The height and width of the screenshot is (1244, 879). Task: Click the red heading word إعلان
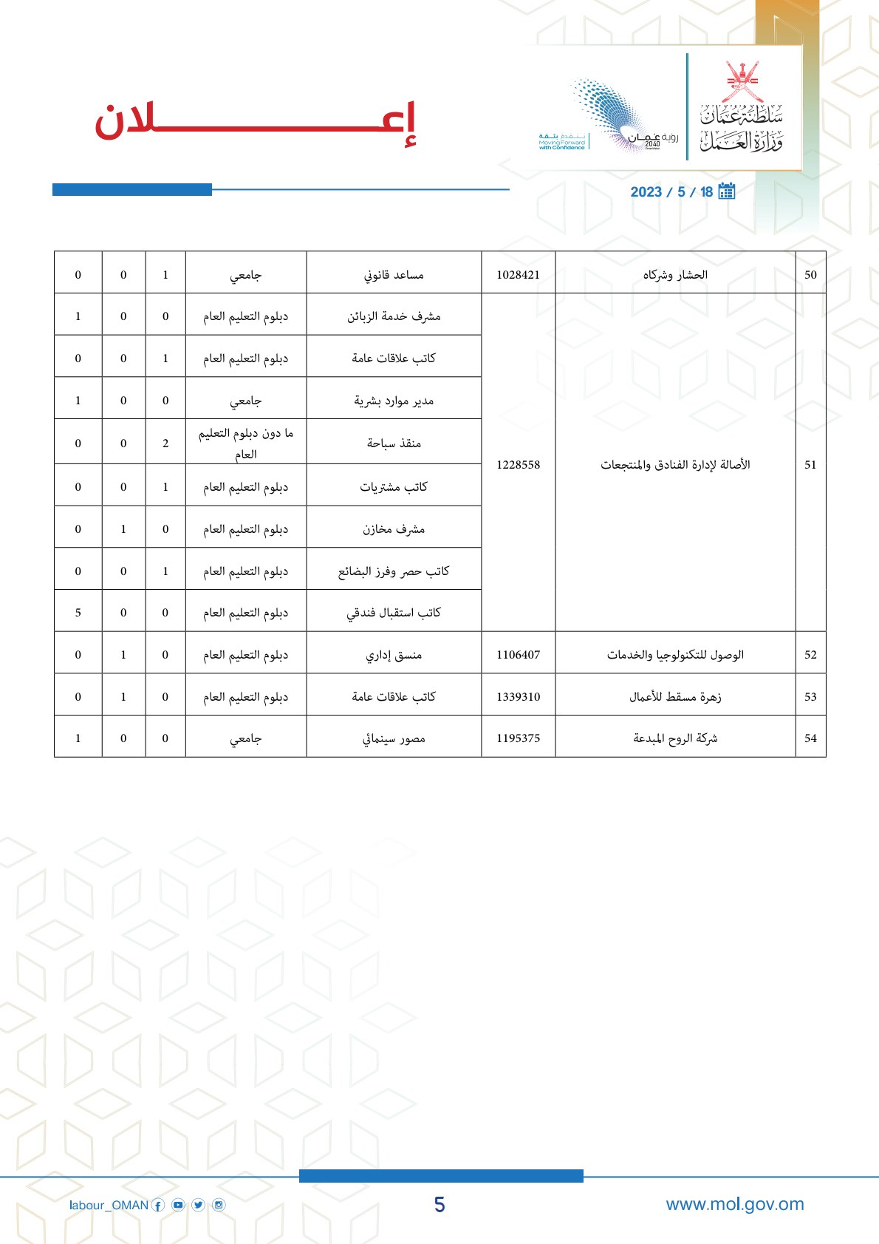(x=255, y=123)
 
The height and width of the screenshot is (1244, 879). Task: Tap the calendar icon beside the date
(x=727, y=191)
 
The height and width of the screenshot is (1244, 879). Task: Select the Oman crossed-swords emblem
(x=742, y=81)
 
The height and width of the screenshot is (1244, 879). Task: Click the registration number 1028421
(x=518, y=275)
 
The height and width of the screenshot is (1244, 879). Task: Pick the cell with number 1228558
(x=518, y=464)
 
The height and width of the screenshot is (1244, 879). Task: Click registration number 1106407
(x=518, y=655)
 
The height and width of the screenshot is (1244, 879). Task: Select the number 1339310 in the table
(x=518, y=697)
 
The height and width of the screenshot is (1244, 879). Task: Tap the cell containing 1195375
(x=518, y=738)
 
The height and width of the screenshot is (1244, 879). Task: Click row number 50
(x=810, y=275)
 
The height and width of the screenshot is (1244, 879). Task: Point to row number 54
(x=810, y=738)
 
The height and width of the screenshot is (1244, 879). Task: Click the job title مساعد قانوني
(x=394, y=275)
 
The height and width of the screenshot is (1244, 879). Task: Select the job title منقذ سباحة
(x=394, y=443)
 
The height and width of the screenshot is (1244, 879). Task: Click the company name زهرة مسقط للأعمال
(x=675, y=697)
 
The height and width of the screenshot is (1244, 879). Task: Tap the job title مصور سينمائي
(x=394, y=738)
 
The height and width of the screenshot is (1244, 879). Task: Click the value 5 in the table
(x=78, y=613)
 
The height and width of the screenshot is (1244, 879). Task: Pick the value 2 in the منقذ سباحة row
(x=165, y=443)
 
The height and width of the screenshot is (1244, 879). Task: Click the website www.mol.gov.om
(x=734, y=1204)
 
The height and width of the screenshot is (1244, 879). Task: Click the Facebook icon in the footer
(x=158, y=1206)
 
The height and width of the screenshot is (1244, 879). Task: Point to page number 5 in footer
(x=439, y=1205)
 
